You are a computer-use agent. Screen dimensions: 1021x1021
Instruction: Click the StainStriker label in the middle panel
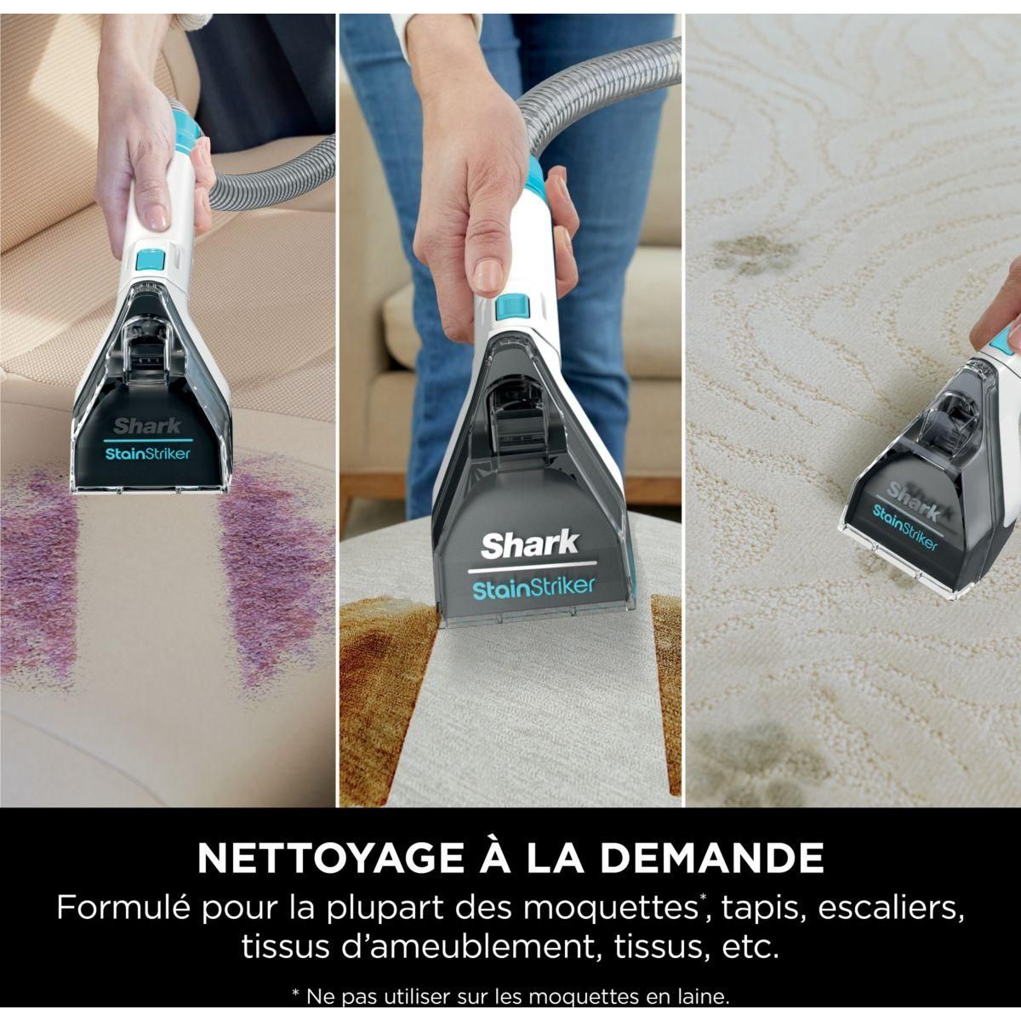533,587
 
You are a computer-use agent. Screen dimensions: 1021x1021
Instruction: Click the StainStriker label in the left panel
148,453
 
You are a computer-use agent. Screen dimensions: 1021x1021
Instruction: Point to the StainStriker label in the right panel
904,528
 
